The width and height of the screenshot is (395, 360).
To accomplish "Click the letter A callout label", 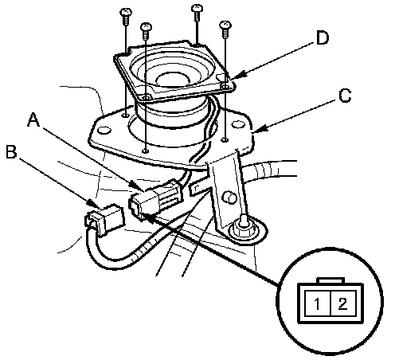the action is pyautogui.click(x=34, y=120).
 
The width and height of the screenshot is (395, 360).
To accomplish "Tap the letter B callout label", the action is pyautogui.click(x=11, y=152).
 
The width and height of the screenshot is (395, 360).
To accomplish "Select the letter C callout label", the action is pyautogui.click(x=345, y=96).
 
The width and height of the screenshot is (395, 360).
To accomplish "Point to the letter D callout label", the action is pyautogui.click(x=323, y=37).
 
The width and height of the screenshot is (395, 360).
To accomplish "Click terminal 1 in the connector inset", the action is pyautogui.click(x=317, y=304).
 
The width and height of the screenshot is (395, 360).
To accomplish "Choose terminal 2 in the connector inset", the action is pyautogui.click(x=342, y=303).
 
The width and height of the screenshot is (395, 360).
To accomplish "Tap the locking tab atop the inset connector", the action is pyautogui.click(x=330, y=281).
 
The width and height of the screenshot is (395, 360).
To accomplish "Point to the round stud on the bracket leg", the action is pyautogui.click(x=229, y=198).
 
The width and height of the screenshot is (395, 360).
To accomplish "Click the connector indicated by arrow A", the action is pyautogui.click(x=155, y=198).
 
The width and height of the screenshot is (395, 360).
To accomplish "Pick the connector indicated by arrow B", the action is pyautogui.click(x=104, y=219).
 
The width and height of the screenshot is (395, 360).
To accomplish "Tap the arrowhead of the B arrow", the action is pyautogui.click(x=94, y=204).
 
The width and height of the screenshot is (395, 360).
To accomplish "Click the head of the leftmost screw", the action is pyautogui.click(x=126, y=12).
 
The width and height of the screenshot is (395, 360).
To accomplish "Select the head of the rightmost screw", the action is pyautogui.click(x=225, y=25).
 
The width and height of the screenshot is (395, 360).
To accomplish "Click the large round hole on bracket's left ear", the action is pyautogui.click(x=104, y=130).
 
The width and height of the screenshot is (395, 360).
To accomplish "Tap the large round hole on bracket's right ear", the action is pyautogui.click(x=238, y=124).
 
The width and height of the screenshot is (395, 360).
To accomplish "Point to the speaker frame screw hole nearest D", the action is pyautogui.click(x=225, y=87).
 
